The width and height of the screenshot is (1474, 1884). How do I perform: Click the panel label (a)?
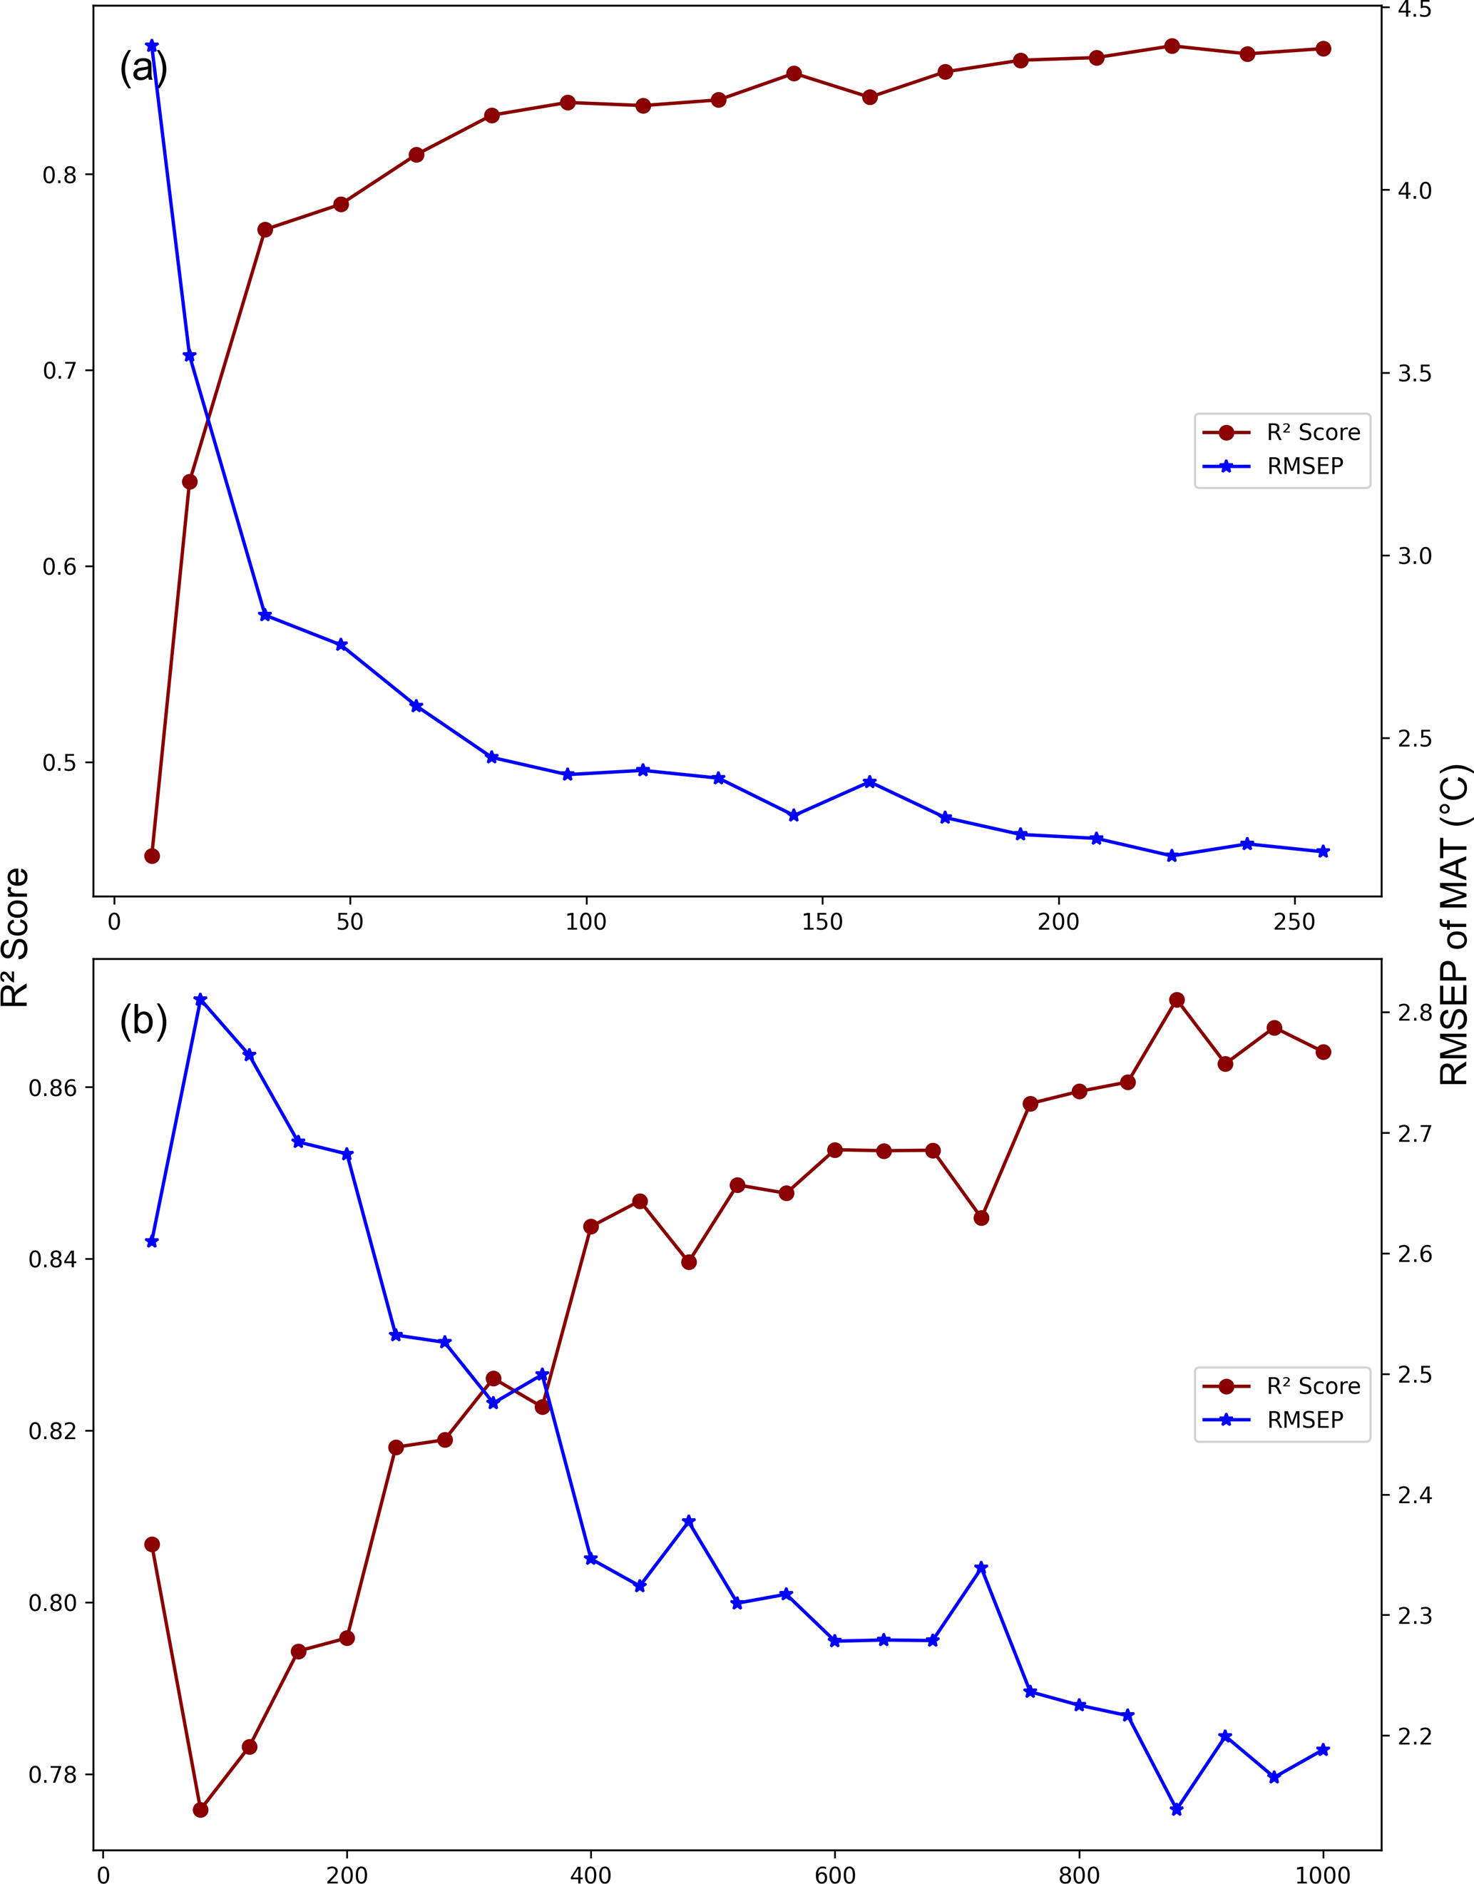pos(143,67)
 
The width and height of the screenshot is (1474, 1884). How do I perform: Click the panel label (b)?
pos(143,1020)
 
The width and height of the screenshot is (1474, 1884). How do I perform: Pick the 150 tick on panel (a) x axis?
pos(822,923)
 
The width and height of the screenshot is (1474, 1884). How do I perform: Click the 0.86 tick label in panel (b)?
pos(53,1087)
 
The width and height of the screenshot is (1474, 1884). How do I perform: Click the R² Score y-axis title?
pos(16,938)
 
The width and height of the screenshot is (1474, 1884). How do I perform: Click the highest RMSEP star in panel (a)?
pos(152,46)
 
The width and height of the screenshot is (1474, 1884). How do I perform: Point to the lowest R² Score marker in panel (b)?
pos(201,1810)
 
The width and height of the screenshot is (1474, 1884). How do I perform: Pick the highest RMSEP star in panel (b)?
pos(200,999)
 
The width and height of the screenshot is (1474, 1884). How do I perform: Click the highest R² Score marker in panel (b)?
pos(1176,999)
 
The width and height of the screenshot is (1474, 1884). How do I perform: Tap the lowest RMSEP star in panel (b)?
pos(1176,1809)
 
